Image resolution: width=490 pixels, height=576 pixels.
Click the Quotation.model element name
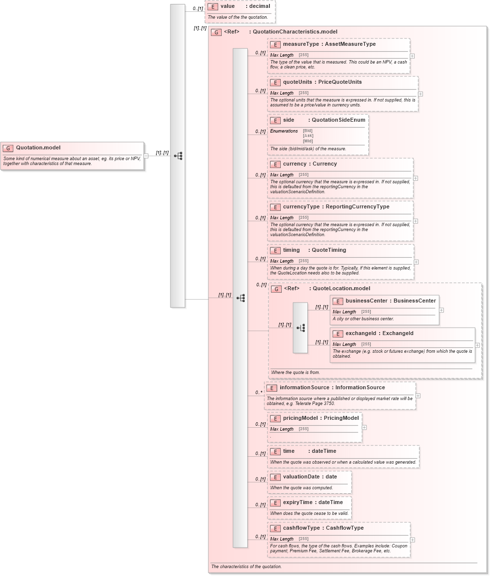tap(38, 147)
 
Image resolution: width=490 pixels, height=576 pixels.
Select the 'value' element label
tap(228, 6)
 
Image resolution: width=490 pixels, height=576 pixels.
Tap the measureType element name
tap(301, 44)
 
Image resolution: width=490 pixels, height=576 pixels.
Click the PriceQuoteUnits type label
tap(340, 82)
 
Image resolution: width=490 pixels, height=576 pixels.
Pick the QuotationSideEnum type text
tap(338, 120)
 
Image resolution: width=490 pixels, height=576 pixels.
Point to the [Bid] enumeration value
tap(308, 131)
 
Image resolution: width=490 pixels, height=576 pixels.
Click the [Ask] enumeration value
tap(308, 136)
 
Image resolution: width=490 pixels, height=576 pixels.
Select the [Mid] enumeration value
tap(308, 141)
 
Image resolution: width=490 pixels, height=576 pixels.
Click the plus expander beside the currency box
tap(416, 178)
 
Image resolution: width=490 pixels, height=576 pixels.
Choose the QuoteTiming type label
tap(328, 250)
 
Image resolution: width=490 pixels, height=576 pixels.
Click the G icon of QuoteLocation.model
tap(277, 289)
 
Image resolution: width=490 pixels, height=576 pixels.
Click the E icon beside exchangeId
tap(338, 334)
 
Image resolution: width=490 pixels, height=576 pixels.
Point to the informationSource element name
tap(304, 387)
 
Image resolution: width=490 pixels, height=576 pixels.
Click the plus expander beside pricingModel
tap(364, 428)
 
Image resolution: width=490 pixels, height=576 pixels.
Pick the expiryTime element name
tap(297, 502)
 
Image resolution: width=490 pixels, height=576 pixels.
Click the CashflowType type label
tap(345, 528)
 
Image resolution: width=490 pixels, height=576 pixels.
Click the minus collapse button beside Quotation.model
tap(146, 156)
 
